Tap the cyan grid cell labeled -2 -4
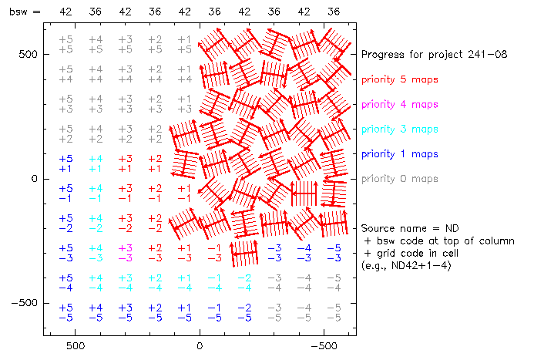pyautogui.click(x=244, y=282)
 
